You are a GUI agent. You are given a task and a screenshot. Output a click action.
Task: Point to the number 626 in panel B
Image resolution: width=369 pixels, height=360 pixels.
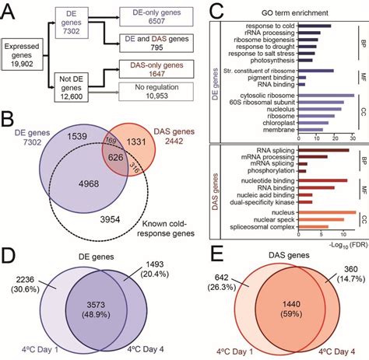(115, 157)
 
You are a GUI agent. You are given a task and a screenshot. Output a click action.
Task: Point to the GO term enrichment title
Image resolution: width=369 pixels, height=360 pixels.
(290, 12)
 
